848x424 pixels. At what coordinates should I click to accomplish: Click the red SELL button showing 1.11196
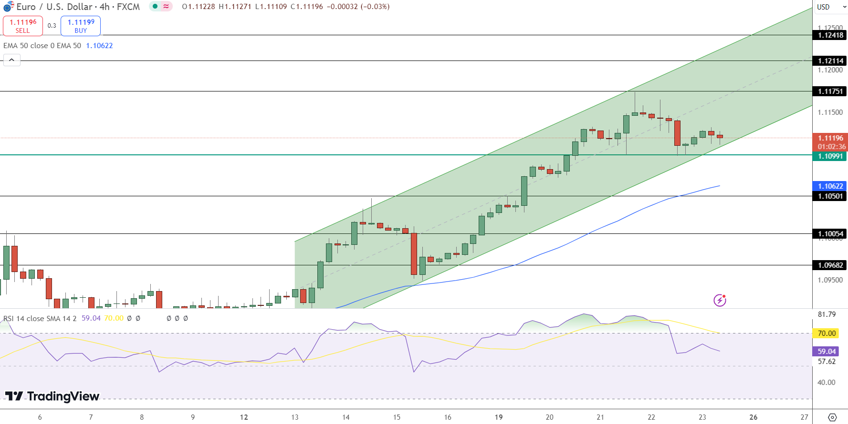[23, 26]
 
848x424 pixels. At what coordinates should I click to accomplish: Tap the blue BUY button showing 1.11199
[81, 26]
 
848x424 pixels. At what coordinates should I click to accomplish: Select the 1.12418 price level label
[830, 35]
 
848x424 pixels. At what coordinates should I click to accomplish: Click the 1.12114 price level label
[830, 61]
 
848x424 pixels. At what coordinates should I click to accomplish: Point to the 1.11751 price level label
[830, 91]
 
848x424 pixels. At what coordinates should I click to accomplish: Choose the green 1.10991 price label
[830, 156]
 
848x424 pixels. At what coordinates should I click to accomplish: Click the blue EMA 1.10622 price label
[830, 186]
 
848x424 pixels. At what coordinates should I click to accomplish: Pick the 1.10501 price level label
[830, 196]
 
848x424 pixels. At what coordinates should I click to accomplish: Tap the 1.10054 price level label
[830, 234]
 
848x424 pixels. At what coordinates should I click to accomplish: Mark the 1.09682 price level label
[830, 265]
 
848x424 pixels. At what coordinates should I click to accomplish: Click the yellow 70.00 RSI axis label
[827, 333]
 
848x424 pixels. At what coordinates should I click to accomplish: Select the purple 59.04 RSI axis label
[827, 352]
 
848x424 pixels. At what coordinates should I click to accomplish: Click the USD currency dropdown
[830, 7]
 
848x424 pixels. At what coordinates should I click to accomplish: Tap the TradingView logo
[52, 396]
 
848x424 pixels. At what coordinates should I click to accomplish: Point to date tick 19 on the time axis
[499, 417]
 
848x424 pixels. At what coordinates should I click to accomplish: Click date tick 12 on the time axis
[244, 417]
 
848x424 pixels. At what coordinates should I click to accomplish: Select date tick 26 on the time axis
[754, 417]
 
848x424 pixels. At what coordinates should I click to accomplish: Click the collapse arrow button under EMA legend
[12, 60]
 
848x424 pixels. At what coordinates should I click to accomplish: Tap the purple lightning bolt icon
[720, 300]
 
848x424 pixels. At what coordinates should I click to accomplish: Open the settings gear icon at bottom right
[832, 417]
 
